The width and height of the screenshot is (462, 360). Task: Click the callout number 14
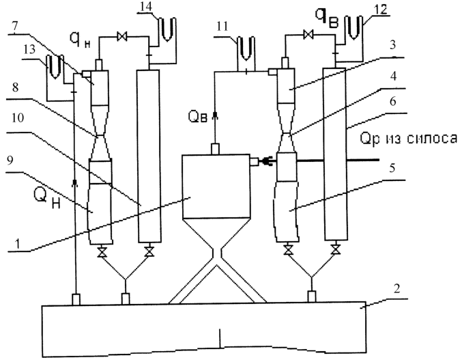[147, 7]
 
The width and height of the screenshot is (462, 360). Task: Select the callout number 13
[29, 50]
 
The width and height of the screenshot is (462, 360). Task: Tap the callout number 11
[222, 27]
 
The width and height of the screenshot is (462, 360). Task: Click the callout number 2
[397, 289]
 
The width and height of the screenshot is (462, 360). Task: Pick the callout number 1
[18, 244]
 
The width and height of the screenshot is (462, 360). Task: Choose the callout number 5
[392, 168]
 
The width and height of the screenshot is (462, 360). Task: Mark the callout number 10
[18, 118]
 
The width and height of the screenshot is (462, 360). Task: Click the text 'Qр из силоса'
[409, 138]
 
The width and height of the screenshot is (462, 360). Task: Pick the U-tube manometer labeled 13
[55, 67]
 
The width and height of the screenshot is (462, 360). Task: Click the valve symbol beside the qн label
[121, 37]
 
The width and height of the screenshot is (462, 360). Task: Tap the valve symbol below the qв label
[308, 34]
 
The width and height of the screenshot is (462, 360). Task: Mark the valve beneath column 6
[335, 249]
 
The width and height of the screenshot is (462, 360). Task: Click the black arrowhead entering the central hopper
[265, 161]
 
